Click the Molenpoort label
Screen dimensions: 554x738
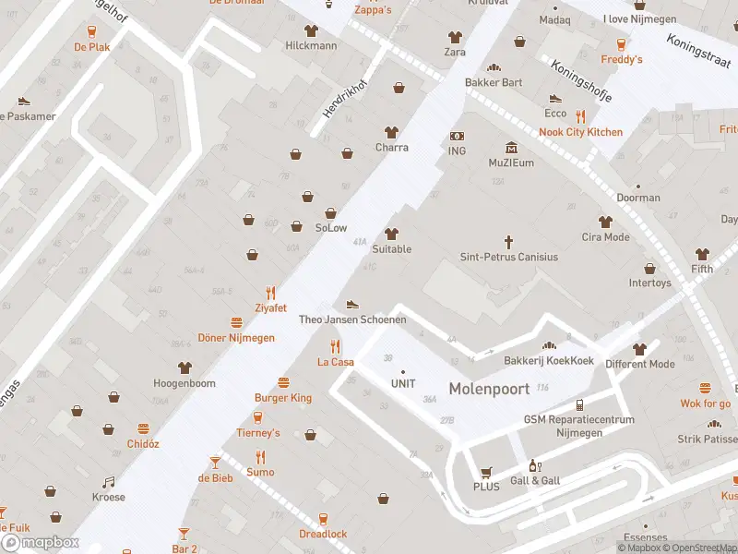pos(489,389)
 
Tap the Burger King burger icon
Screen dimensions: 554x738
pos(283,382)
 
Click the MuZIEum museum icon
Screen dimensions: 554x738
pos(511,148)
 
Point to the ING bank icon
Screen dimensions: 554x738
pos(457,136)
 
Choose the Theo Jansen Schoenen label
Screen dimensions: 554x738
pos(352,319)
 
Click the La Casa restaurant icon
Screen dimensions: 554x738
pos(336,346)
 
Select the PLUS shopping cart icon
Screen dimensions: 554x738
pos(486,471)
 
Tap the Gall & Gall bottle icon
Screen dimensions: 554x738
pos(533,466)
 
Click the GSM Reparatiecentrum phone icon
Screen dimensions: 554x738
pos(579,404)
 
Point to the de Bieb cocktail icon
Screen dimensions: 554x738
pos(215,462)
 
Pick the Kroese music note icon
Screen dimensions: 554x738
pos(108,482)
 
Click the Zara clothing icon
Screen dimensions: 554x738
pos(455,37)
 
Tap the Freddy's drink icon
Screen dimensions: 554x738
pos(622,43)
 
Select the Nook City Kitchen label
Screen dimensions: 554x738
pos(580,132)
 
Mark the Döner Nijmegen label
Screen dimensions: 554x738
pos(236,338)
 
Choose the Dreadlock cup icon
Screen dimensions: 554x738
pos(323,519)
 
